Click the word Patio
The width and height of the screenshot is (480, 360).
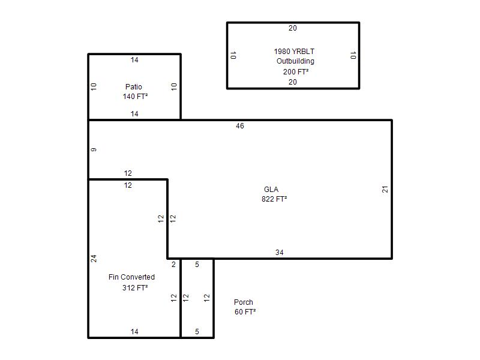133,86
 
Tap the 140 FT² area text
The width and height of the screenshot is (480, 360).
135,97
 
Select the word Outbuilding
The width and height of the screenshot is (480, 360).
295,61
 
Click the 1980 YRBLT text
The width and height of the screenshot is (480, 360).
294,52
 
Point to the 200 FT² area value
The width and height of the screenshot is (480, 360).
296,71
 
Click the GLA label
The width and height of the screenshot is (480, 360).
271,190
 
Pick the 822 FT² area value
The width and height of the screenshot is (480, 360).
274,199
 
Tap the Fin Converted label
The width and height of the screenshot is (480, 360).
131,277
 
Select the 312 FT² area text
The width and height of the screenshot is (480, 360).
135,288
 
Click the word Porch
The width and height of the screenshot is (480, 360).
244,302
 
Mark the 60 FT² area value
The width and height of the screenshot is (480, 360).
245,311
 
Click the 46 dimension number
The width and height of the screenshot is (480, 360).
240,126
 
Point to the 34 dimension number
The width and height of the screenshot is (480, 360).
279,253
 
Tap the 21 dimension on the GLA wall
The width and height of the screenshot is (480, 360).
385,190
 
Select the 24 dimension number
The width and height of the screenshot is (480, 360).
94,259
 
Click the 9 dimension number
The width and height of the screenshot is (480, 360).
94,149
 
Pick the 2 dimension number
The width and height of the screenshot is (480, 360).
173,265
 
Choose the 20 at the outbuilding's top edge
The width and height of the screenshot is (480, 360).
293,28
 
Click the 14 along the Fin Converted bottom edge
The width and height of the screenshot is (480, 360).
134,332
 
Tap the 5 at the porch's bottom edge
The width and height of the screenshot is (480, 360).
197,332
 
